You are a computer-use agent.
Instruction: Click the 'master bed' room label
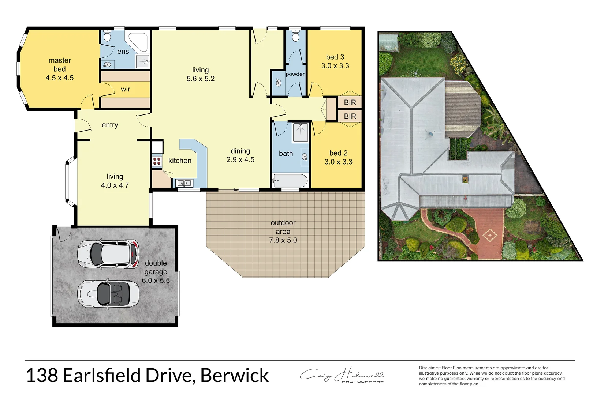(60, 65)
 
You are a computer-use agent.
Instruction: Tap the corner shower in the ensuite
(138, 41)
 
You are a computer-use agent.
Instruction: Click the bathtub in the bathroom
(291, 181)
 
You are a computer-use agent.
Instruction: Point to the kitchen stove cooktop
(157, 161)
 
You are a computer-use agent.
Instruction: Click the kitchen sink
(184, 183)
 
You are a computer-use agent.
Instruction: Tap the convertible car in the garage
(108, 294)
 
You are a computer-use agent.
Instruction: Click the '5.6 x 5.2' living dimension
(201, 79)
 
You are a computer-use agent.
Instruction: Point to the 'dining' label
(240, 151)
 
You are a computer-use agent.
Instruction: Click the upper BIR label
(350, 102)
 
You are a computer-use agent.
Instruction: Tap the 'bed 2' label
(338, 153)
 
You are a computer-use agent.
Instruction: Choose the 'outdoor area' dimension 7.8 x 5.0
(283, 240)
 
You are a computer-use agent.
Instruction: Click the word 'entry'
(110, 125)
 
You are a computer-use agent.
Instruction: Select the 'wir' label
(126, 89)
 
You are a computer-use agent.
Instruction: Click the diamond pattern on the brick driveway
(490, 234)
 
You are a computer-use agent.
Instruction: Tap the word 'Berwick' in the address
(235, 376)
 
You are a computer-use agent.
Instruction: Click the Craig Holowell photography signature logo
(342, 376)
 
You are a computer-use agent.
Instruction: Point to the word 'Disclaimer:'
(430, 368)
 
